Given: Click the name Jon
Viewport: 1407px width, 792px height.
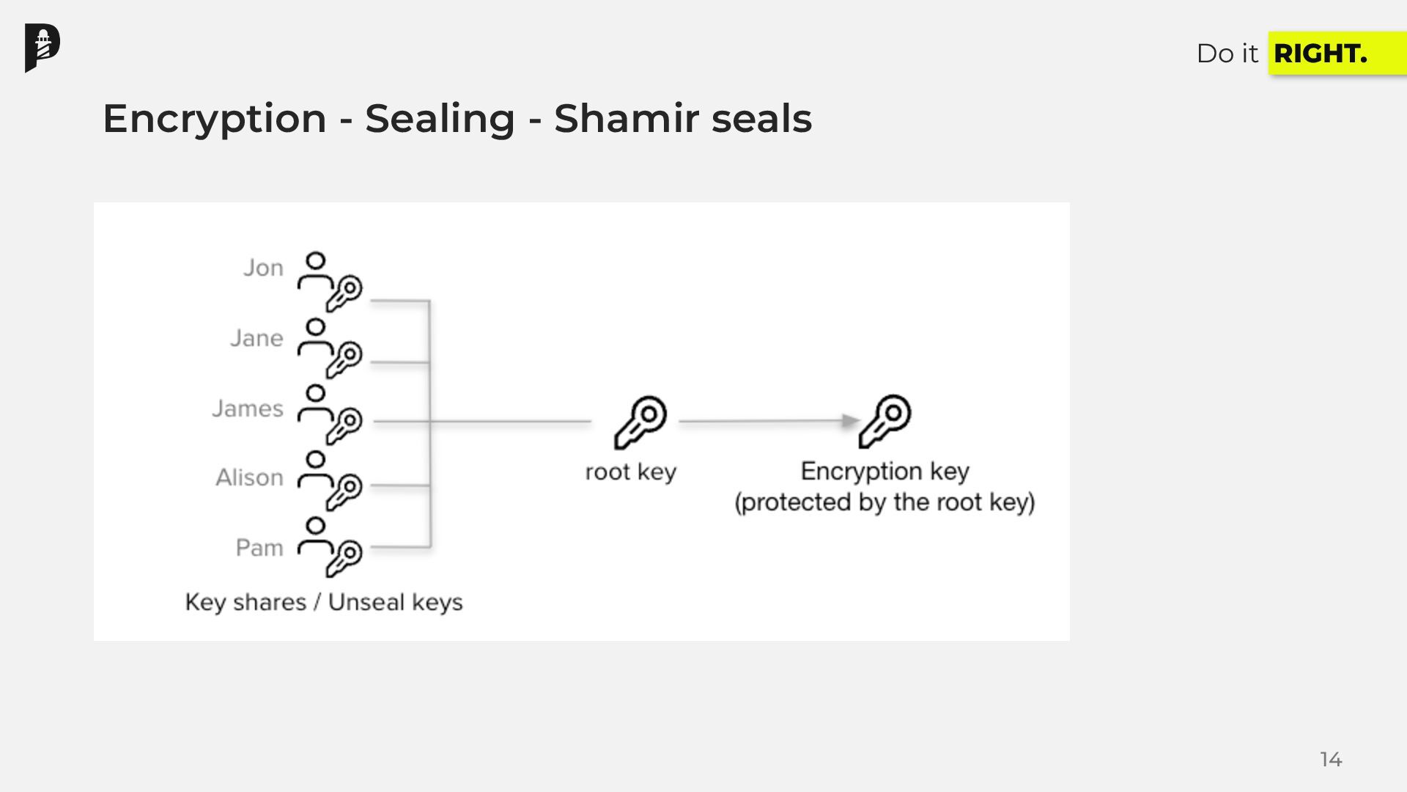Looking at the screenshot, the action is click(x=263, y=268).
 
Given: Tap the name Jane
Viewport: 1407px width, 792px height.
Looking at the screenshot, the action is click(x=256, y=338).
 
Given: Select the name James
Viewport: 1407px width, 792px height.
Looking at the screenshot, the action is click(x=248, y=408).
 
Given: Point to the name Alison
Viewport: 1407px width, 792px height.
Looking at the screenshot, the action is click(x=249, y=478).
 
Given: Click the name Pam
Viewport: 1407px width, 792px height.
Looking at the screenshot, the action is click(x=259, y=548).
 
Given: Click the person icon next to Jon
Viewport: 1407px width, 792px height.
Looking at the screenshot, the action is click(x=314, y=271).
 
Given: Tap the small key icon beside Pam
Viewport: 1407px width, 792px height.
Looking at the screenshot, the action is click(x=344, y=558).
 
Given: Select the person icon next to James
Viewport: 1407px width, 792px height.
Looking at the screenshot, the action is click(x=314, y=404).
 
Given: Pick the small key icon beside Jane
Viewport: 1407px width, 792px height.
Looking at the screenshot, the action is click(x=344, y=359).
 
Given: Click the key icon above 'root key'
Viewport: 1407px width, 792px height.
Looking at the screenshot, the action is click(x=640, y=422).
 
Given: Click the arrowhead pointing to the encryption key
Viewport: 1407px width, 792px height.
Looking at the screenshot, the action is click(x=850, y=421).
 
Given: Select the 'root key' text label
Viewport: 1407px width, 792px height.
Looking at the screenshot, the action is click(x=630, y=472).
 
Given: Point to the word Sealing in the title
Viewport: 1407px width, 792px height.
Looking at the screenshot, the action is click(x=440, y=118).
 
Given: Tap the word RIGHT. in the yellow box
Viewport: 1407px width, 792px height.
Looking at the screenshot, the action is click(x=1320, y=54).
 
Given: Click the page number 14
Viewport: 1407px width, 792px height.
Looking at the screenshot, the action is click(x=1331, y=759).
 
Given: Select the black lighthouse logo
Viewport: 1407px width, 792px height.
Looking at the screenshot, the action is click(x=43, y=48).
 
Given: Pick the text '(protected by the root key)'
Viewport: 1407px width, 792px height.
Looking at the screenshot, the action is click(x=885, y=503).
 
